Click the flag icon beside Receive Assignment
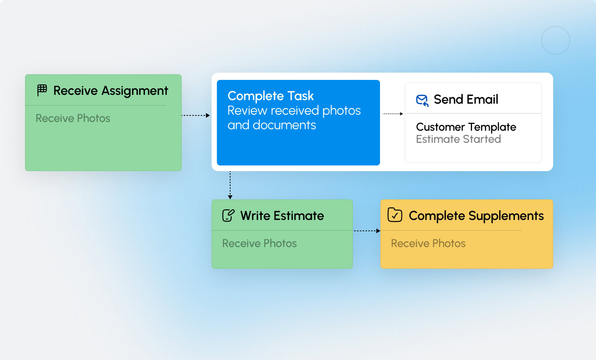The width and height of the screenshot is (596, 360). point(42,90)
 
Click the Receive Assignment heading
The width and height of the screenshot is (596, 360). point(111,91)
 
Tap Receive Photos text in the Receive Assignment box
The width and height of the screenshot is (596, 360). point(73,118)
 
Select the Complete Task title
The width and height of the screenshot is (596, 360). point(271,96)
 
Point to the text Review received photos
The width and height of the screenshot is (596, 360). point(294,111)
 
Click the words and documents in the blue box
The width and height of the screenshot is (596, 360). point(272,125)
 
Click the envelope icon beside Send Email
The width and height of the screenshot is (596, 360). point(422,100)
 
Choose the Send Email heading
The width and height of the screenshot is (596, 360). point(466,99)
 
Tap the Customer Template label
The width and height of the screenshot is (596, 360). point(466,127)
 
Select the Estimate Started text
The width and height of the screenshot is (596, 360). point(458,139)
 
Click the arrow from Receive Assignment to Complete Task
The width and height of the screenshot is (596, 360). point(196,115)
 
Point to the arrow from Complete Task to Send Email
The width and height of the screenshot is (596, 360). point(392,114)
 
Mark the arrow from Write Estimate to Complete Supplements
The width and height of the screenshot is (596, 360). point(367,231)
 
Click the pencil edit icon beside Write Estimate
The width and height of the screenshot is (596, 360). point(228,216)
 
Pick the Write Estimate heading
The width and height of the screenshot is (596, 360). point(282,216)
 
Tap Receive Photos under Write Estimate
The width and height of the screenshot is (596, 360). point(260,243)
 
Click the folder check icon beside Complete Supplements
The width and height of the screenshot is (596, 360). point(395,215)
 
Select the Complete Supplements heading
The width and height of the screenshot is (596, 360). point(476,216)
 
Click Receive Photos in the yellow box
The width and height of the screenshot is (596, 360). point(428,243)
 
